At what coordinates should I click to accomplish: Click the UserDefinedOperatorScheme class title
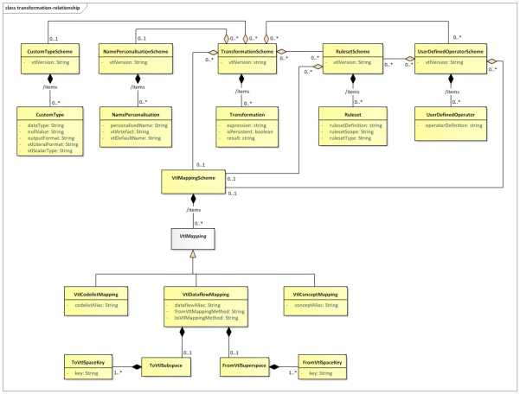point(448,52)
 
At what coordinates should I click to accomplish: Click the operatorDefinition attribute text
point(450,125)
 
